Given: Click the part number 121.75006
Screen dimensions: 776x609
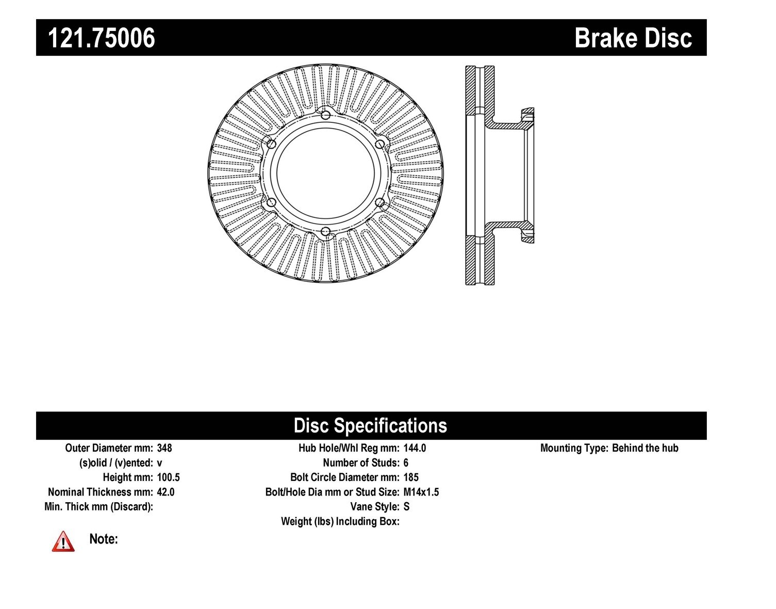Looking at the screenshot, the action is coord(102,38).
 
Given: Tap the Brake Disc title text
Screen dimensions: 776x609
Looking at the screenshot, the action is coord(633,38).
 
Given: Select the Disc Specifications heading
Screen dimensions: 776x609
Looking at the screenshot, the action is coord(370,426).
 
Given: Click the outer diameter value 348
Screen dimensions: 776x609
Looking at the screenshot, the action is coord(164,448).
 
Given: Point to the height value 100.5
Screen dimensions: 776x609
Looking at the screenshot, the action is coord(168,477).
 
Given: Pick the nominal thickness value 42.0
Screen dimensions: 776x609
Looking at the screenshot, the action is coord(166,492).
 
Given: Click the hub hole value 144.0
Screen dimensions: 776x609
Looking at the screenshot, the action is coord(415,448).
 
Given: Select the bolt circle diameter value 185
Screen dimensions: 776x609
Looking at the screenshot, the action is coord(411,477).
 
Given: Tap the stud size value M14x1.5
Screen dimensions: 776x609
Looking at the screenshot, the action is coord(421,492).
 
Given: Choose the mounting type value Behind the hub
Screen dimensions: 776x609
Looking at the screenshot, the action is coord(645,448).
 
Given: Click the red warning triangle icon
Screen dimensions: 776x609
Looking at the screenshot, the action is coord(63,541).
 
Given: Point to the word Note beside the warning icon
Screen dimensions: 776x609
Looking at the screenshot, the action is coord(104,539).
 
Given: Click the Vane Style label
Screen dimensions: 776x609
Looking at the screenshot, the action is coord(375,507).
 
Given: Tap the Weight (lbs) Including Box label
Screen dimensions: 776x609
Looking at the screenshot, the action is coord(340,521).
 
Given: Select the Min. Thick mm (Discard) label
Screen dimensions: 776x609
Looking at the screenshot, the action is coord(98,507).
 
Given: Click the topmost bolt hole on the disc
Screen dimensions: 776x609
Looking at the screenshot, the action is coord(325,116).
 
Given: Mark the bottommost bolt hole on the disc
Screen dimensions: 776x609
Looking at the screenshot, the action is coord(325,232).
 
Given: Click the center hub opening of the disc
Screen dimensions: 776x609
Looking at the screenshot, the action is coord(325,173).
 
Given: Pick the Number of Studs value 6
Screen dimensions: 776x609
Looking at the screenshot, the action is coord(406,463).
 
